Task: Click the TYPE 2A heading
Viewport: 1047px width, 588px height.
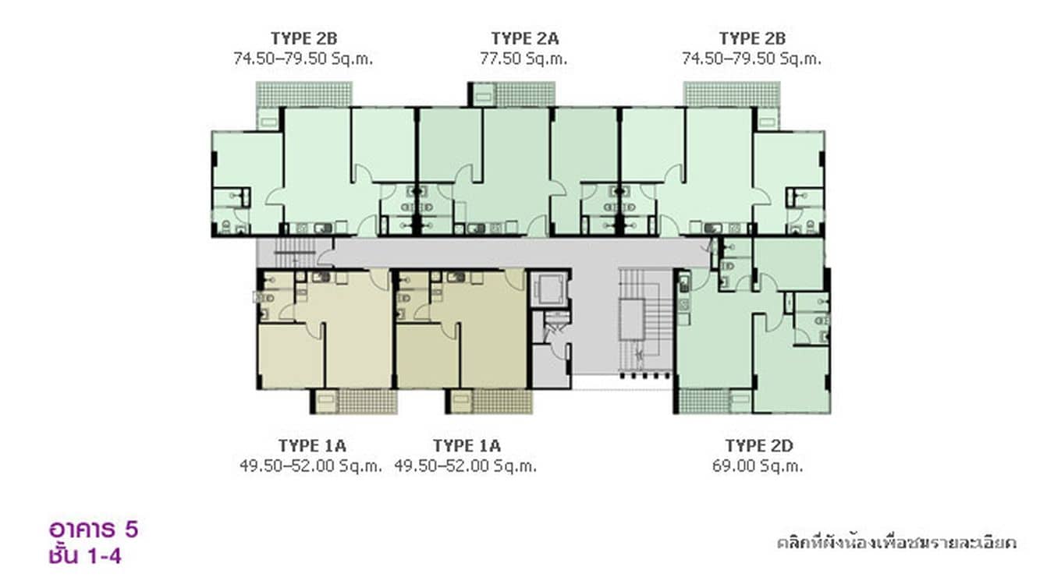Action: click(524, 38)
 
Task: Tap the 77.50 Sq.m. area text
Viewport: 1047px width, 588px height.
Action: click(523, 58)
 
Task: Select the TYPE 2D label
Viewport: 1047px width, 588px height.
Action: click(759, 445)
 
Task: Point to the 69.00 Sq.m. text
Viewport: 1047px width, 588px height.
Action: click(758, 466)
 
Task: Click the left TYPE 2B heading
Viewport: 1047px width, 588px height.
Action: click(303, 38)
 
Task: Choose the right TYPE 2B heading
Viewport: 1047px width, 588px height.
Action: click(752, 38)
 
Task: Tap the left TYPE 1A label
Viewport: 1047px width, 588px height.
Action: click(312, 445)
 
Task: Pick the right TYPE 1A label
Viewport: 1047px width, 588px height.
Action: click(467, 445)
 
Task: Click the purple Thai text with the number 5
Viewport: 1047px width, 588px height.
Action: click(94, 530)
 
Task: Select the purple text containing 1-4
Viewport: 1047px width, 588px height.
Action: click(85, 556)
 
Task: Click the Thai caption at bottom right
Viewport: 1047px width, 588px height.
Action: click(896, 543)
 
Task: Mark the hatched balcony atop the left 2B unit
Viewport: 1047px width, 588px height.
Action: click(303, 94)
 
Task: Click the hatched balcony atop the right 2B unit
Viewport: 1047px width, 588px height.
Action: click(732, 94)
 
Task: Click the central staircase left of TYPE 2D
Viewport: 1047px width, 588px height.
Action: click(646, 322)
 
